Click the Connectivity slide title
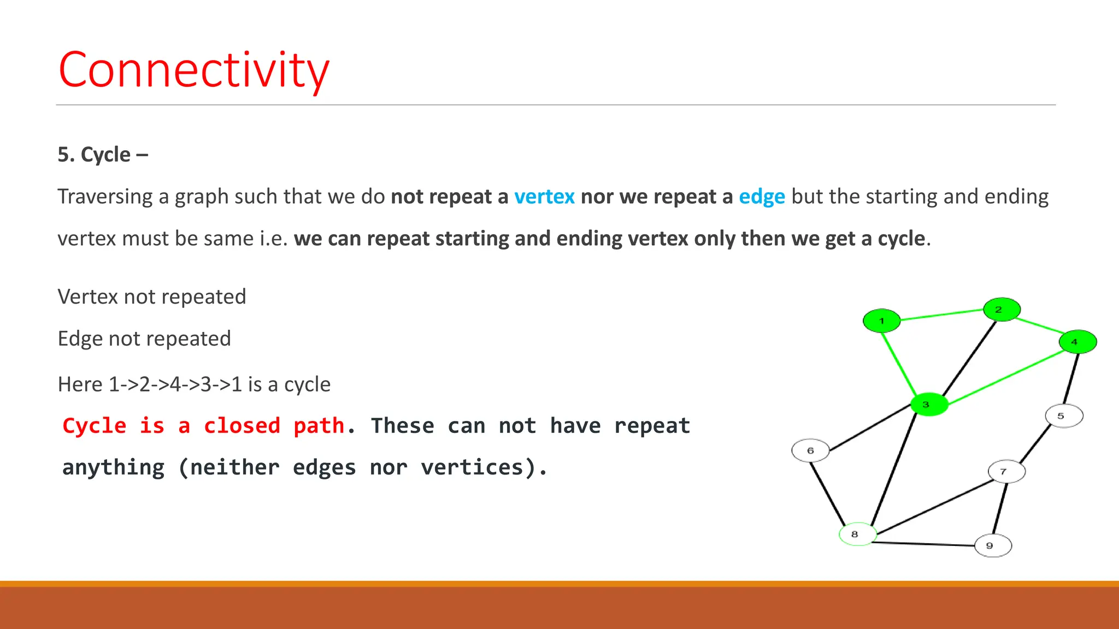(x=194, y=70)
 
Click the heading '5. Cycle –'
(x=103, y=155)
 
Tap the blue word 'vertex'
(x=544, y=197)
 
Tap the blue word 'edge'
(x=762, y=197)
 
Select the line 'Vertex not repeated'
(x=152, y=296)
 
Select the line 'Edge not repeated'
(x=144, y=339)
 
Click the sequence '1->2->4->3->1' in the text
(x=175, y=384)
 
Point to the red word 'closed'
(x=242, y=426)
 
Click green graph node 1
(x=881, y=321)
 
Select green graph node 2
(x=1002, y=310)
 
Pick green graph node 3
(x=929, y=405)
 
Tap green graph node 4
(x=1077, y=342)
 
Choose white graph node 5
(x=1064, y=416)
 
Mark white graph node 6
(x=810, y=450)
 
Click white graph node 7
(x=1006, y=471)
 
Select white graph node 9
(x=993, y=545)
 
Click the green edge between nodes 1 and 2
(x=941, y=315)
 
